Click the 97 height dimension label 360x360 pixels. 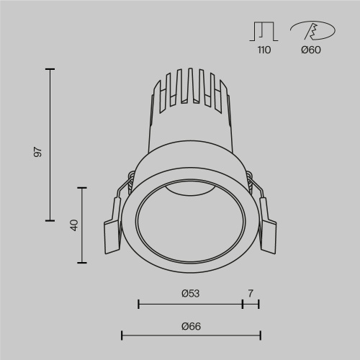point(39,151)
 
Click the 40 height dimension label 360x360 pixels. point(73,225)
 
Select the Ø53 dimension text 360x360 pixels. point(190,293)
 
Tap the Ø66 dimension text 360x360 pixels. point(190,326)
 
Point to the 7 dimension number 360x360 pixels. point(251,293)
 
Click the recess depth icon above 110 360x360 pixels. point(264,32)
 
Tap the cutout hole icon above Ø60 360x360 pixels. point(311,32)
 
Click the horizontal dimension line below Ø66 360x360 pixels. point(190,335)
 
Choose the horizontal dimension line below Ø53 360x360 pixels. point(190,305)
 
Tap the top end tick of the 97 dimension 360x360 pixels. point(50,69)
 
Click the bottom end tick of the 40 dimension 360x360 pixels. point(84,263)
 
